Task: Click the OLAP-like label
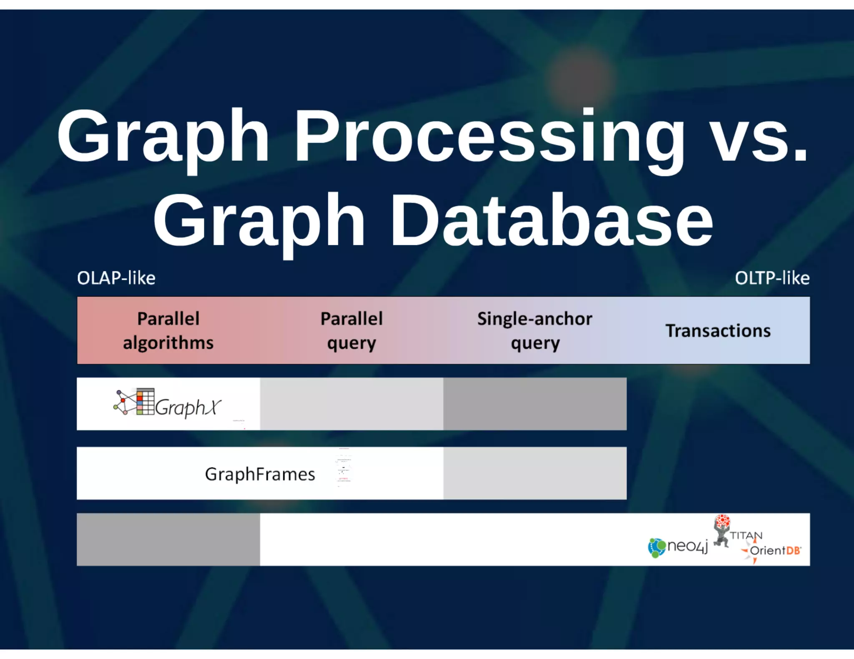click(x=116, y=278)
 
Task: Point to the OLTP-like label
click(x=772, y=278)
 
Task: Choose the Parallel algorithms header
click(x=168, y=331)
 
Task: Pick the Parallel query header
click(x=352, y=331)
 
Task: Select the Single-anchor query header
click(x=535, y=331)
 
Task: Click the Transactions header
click(x=718, y=331)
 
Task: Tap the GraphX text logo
click(x=188, y=407)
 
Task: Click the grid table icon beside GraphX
click(x=145, y=402)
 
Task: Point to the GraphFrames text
click(x=260, y=474)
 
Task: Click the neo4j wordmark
click(x=687, y=546)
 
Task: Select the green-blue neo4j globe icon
click(x=657, y=547)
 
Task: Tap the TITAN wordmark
click(x=746, y=536)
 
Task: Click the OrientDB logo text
click(x=775, y=551)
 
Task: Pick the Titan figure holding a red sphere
click(x=722, y=531)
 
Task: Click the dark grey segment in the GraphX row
click(x=535, y=404)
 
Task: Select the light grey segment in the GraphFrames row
click(x=535, y=473)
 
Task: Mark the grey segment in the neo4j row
click(x=168, y=539)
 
